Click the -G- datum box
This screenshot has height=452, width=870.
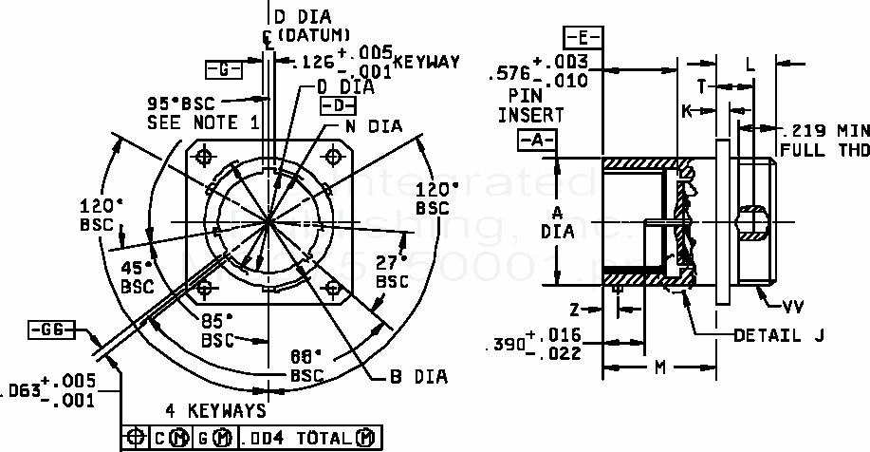(224, 68)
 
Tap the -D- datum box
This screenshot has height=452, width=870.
(338, 104)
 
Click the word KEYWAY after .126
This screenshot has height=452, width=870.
(427, 63)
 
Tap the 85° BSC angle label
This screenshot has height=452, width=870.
(217, 329)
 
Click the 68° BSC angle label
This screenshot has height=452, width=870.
(306, 365)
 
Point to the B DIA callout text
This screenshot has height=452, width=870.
(417, 377)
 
